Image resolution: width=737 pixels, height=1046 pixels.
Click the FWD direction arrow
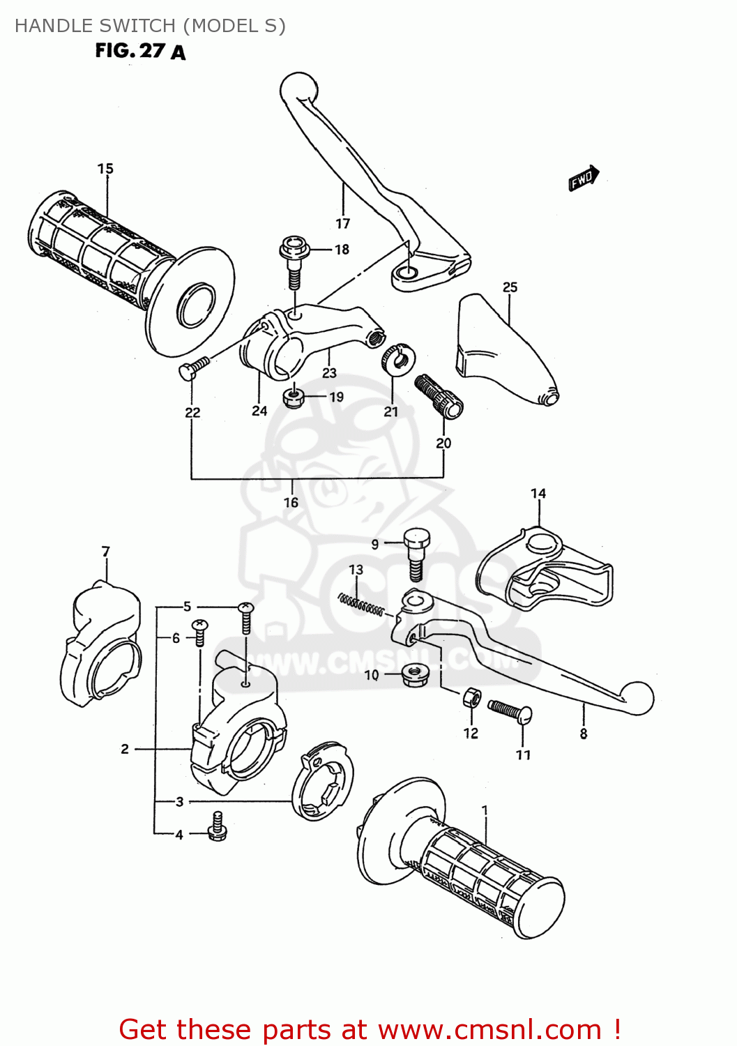pos(583,179)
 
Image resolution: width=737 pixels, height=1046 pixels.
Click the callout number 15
pos(105,169)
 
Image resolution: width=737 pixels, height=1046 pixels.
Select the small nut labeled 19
pos(294,398)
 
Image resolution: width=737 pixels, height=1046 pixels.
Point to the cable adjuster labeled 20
pos(439,397)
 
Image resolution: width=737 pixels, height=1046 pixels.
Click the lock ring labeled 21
pos(398,358)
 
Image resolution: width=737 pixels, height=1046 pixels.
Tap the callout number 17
pos(342,224)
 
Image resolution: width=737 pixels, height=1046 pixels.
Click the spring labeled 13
pos(360,604)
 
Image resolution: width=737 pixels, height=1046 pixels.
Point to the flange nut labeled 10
pos(415,674)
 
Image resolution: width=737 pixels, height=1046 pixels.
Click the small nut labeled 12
pos(471,697)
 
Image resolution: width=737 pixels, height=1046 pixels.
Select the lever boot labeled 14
pos(544,572)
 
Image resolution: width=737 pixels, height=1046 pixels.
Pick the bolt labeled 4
pos(217,826)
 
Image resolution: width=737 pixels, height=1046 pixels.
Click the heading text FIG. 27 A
pos(140,51)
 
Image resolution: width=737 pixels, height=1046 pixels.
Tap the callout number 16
pos(291,502)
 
